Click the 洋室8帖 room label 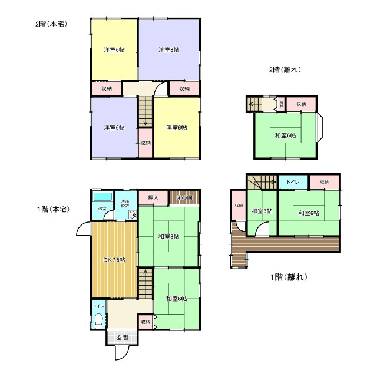click(x=168, y=50)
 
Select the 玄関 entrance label click(x=122, y=338)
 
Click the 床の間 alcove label click(x=184, y=199)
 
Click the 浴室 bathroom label click(x=102, y=209)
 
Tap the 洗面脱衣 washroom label click(x=126, y=204)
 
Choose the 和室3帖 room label click(x=260, y=211)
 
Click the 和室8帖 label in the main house click(x=168, y=237)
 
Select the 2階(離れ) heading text click(x=285, y=70)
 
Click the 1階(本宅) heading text click(x=52, y=209)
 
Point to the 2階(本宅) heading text click(x=50, y=24)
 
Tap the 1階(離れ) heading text click(x=287, y=277)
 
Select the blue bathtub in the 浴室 click(x=102, y=196)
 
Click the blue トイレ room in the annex click(x=292, y=183)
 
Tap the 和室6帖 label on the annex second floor click(x=285, y=135)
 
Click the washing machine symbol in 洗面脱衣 click(x=133, y=215)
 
